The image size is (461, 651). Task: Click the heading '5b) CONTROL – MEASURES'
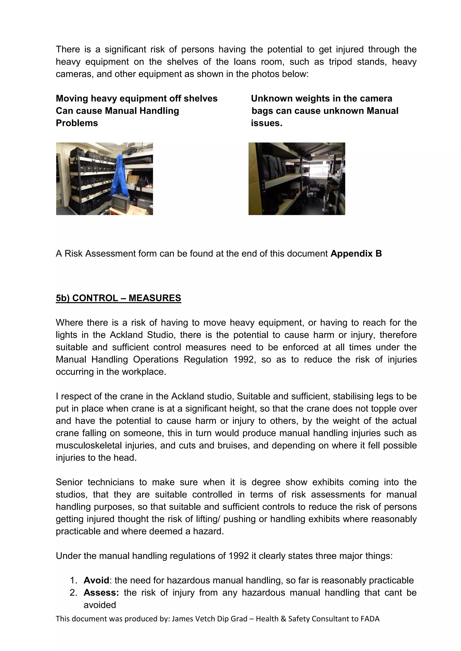tap(118, 298)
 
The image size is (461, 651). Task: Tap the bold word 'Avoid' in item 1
tap(96, 580)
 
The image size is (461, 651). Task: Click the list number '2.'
tap(74, 592)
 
